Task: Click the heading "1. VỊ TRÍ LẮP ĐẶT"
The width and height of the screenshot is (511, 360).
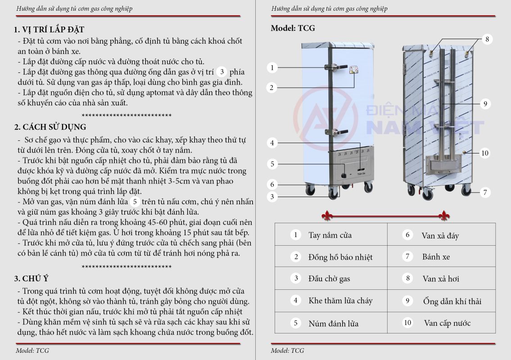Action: click(x=50, y=30)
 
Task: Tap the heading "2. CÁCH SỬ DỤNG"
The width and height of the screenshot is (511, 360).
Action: click(x=50, y=127)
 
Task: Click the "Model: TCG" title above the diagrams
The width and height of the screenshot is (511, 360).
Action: click(x=293, y=28)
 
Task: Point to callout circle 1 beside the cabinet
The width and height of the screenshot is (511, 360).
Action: click(x=271, y=68)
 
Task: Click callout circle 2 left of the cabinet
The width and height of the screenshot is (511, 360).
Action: click(x=271, y=87)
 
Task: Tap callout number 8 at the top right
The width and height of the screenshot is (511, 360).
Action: click(x=487, y=39)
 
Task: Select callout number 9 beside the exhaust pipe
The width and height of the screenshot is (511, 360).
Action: click(x=485, y=103)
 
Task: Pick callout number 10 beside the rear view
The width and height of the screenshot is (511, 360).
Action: click(x=484, y=153)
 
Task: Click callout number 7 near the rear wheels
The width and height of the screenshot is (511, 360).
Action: click(x=484, y=192)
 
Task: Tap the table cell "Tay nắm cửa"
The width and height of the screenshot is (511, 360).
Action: click(x=330, y=235)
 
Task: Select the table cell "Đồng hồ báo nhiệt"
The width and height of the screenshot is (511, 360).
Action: click(x=340, y=257)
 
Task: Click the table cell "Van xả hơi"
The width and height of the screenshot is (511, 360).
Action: click(x=440, y=279)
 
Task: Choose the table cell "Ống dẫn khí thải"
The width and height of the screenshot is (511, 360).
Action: click(x=452, y=301)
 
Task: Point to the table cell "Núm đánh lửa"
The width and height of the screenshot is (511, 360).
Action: click(x=333, y=323)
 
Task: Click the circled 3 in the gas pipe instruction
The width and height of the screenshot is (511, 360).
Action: click(x=222, y=72)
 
